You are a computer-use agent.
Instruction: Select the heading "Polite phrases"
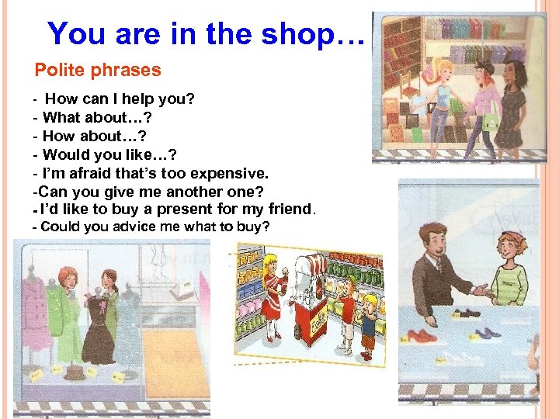click(x=98, y=71)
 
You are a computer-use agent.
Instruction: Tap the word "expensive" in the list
click(x=225, y=172)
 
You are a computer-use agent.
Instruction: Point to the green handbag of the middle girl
click(x=490, y=123)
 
